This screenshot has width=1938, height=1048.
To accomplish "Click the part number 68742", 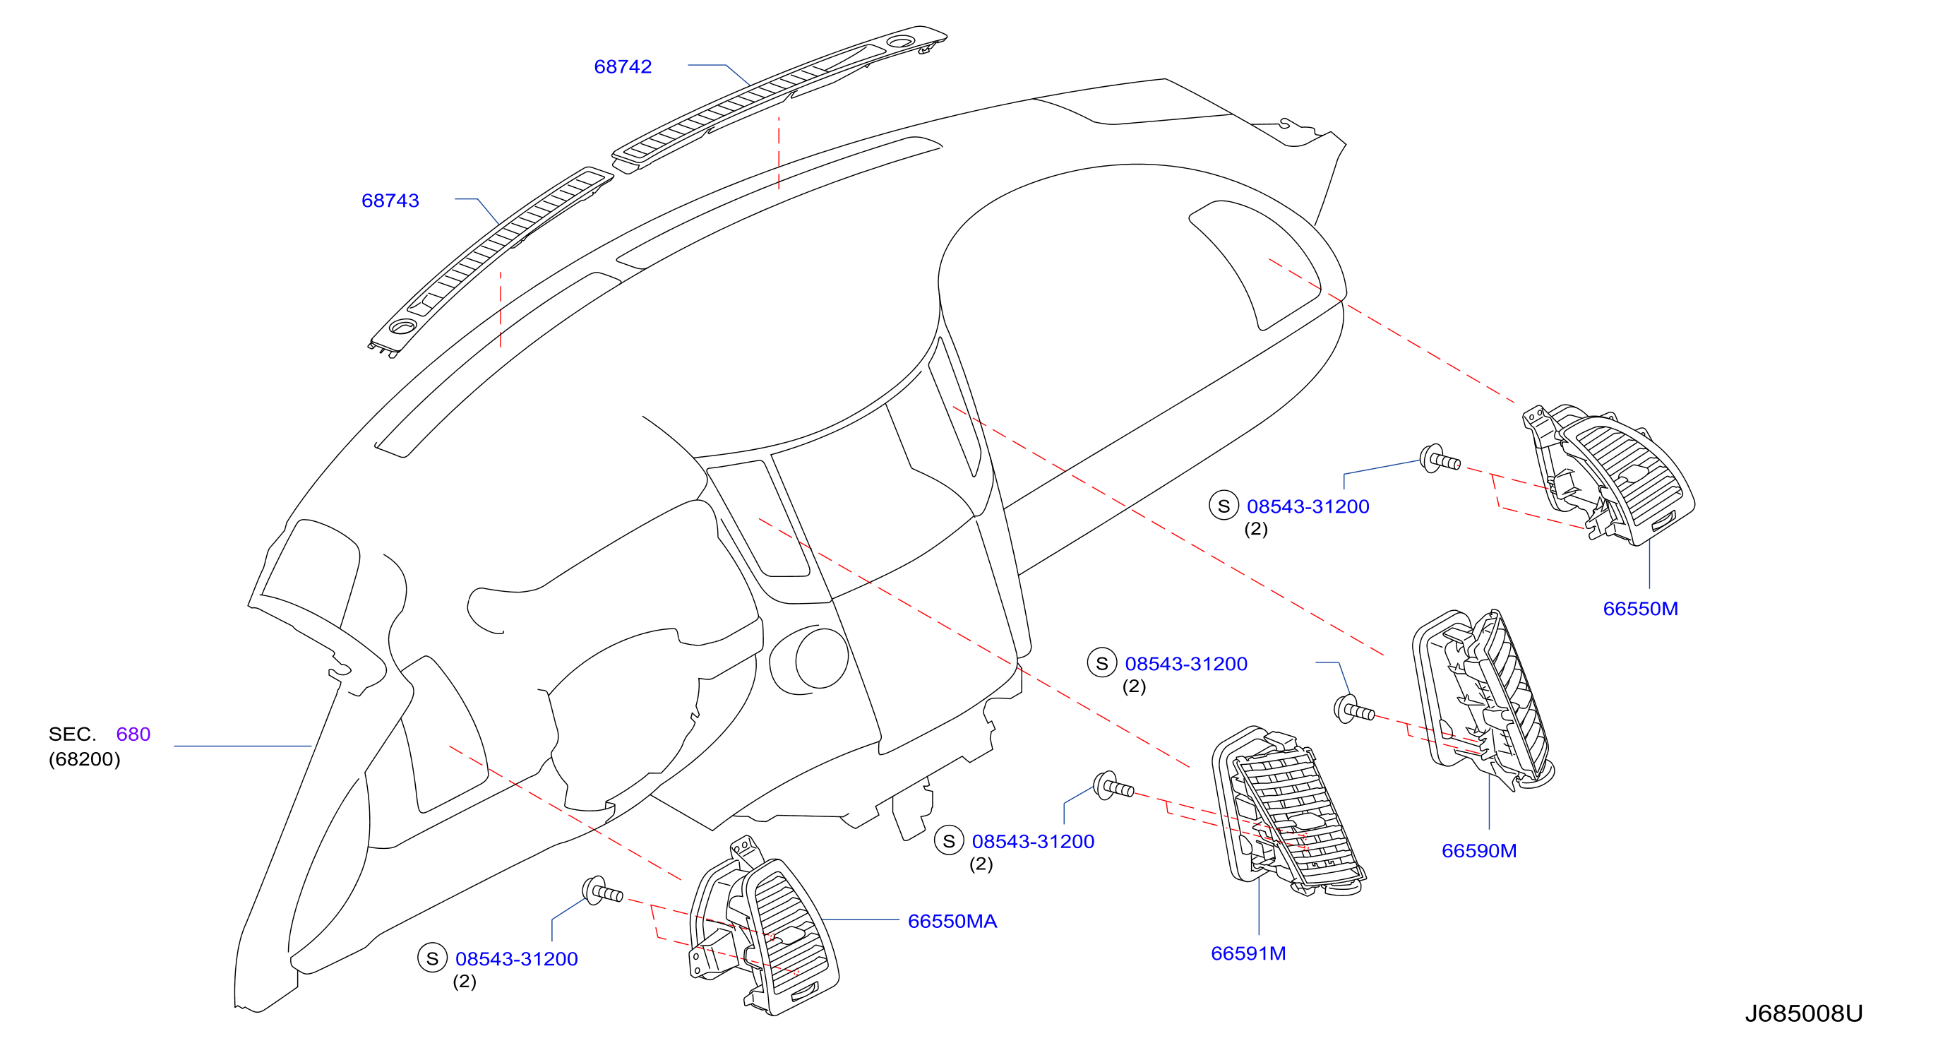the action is (x=622, y=67).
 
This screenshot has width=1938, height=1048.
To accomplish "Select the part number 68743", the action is (x=390, y=201).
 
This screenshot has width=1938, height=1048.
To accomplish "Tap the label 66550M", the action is (x=1640, y=609).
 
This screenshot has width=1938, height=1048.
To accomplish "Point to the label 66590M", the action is (x=1478, y=851).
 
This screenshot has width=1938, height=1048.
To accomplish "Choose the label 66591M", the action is (x=1248, y=953).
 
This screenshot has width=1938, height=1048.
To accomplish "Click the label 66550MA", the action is (x=952, y=922).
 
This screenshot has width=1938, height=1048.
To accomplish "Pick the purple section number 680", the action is (x=133, y=734).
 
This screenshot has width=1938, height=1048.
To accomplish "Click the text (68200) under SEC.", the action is (x=84, y=759).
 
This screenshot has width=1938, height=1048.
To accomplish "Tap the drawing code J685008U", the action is (x=1803, y=1014).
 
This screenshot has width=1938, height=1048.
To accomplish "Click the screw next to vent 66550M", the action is (x=1440, y=459).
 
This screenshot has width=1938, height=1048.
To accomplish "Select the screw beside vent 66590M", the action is (x=1353, y=710).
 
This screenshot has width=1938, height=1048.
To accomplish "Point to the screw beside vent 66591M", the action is (x=1113, y=786).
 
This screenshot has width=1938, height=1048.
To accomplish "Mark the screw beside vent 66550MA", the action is (x=602, y=891).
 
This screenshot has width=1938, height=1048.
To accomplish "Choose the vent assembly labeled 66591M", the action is (x=1288, y=813).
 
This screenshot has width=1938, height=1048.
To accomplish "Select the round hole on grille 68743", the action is (x=403, y=326).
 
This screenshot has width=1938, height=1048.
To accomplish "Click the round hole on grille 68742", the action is (x=901, y=42).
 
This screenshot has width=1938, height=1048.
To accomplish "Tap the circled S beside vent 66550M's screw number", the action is (x=1224, y=506).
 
